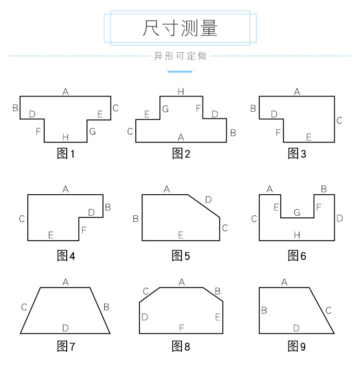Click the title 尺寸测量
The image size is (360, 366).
point(180,28)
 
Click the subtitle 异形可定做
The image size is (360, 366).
point(180,56)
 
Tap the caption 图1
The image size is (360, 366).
point(66,154)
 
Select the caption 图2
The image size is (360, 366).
point(181,154)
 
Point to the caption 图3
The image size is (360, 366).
point(297,154)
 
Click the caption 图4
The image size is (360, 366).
point(66,256)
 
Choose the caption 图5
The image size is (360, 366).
point(181,256)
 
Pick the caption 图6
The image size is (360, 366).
point(297,256)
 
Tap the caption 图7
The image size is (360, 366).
point(66,346)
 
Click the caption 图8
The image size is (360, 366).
point(181,346)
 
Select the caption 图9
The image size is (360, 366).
point(297,346)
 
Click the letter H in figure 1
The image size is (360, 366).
point(66,138)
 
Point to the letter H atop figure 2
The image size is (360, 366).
point(181,91)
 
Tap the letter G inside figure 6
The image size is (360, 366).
point(297,212)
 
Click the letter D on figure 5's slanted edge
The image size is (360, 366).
point(208,199)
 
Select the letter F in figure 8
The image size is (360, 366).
point(181,328)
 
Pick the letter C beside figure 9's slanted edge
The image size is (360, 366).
point(328,310)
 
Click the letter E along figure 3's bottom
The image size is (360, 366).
point(309,138)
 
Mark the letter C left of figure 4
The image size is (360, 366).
point(22,219)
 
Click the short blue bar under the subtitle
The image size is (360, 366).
point(180,71)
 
